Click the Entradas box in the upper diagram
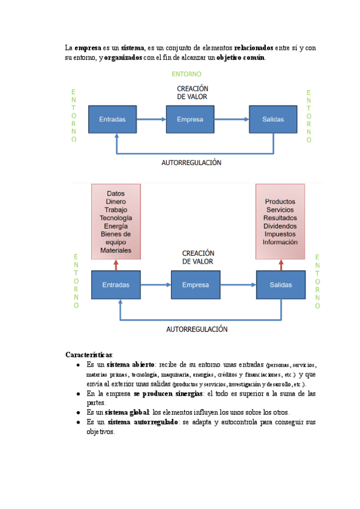coord(112,119)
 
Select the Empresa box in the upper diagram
coord(190,119)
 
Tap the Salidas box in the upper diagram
coord(273,119)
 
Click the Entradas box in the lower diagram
coord(116,285)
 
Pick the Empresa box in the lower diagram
coord(196,285)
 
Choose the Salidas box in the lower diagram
coord(281,285)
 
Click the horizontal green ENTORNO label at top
coord(187,74)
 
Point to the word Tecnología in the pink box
coord(116,218)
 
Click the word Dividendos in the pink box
coord(280,226)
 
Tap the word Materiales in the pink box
coord(116,250)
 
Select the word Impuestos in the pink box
coord(280,234)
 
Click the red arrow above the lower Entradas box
coord(116,265)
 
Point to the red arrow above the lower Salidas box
coord(281,265)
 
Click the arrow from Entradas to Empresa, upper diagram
coord(151,119)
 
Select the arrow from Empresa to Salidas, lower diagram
coord(238,285)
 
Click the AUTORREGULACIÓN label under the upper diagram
coord(191,163)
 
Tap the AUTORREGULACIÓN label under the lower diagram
coord(197,329)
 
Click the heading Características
coord(89,355)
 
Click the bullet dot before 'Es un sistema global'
coord(78,413)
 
